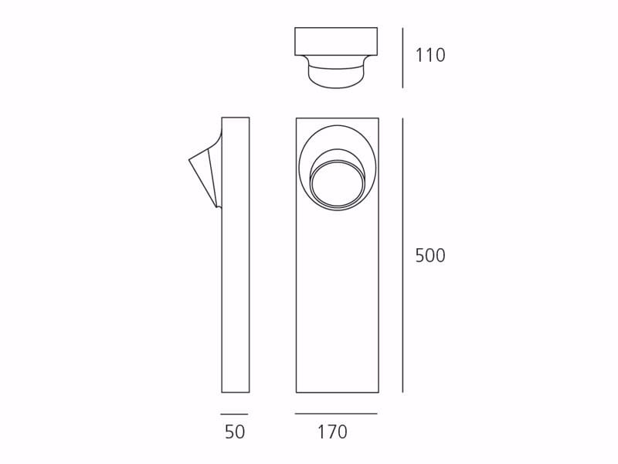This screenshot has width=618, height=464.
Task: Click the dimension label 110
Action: pyautogui.click(x=430, y=56)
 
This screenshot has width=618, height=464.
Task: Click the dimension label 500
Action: pyautogui.click(x=430, y=256)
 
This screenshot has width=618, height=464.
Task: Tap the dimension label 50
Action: pyautogui.click(x=235, y=432)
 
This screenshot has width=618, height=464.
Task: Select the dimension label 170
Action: pyautogui.click(x=332, y=432)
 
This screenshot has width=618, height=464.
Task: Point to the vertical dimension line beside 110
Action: pyautogui.click(x=402, y=58)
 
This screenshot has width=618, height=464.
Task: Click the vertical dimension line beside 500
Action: pyautogui.click(x=402, y=255)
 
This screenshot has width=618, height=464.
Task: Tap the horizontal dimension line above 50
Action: pyautogui.click(x=235, y=414)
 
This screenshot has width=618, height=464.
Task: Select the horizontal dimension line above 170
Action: pyautogui.click(x=336, y=413)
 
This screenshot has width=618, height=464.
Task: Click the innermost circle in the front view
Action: pyautogui.click(x=338, y=184)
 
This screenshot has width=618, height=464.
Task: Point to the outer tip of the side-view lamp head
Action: pyautogui.click(x=189, y=160)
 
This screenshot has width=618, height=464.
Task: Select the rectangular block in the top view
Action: pyautogui.click(x=336, y=42)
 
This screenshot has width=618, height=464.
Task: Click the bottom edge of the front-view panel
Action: pyautogui.click(x=338, y=392)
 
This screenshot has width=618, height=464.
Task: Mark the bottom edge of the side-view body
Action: pyautogui.click(x=236, y=392)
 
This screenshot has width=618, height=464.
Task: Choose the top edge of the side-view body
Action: pyautogui.click(x=236, y=118)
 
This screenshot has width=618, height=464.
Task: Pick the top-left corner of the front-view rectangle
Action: pyautogui.click(x=297, y=118)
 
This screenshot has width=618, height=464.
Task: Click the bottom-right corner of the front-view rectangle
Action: pyautogui.click(x=379, y=392)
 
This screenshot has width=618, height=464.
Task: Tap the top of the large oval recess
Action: pyautogui.click(x=338, y=125)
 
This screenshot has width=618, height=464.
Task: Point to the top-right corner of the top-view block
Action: pyautogui.click(x=377, y=29)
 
